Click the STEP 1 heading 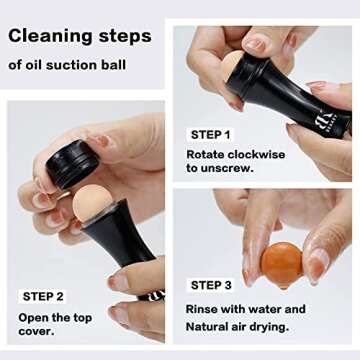[x=211, y=134]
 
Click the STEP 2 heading [x=45, y=296]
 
